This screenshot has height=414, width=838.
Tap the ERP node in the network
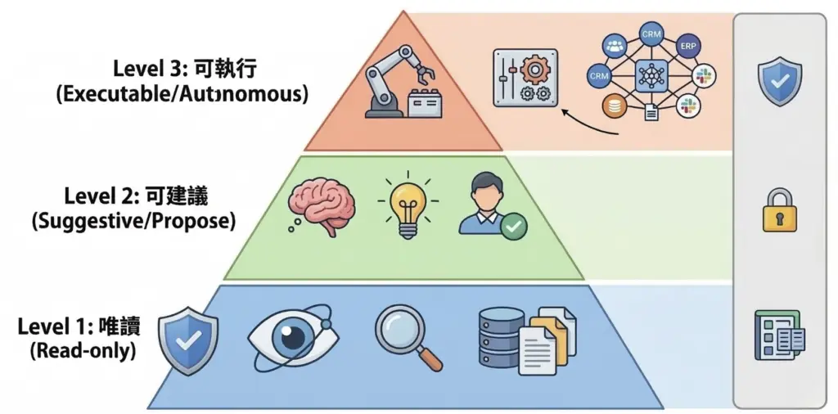click(688, 45)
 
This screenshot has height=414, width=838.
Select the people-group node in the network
click(614, 45)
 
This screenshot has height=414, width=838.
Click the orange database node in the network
click(612, 106)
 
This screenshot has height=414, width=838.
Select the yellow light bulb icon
click(408, 207)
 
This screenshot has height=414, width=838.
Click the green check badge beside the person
click(514, 226)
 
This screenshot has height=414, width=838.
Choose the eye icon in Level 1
click(293, 336)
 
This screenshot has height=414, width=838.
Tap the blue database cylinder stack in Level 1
click(499, 335)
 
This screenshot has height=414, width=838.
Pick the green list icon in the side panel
click(778, 335)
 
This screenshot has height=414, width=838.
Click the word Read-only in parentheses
click(83, 352)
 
